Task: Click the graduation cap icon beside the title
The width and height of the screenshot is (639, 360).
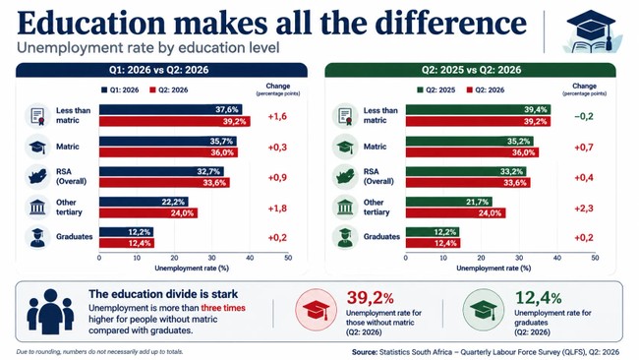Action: click(592, 31)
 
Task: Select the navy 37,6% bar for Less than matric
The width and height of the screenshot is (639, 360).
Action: click(170, 109)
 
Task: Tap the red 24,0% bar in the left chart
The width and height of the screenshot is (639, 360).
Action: click(148, 213)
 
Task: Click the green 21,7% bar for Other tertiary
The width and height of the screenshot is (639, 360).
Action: click(448, 202)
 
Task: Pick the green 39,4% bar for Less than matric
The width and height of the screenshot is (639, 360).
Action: click(478, 109)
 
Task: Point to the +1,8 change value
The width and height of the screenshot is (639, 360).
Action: click(277, 209)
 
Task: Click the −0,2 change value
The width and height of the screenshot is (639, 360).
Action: click(584, 117)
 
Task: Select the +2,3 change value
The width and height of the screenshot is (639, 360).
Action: click(584, 209)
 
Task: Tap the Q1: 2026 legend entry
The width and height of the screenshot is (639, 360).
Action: click(120, 90)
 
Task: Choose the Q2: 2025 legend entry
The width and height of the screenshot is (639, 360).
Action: click(436, 90)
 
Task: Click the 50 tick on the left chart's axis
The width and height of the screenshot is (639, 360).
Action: click(288, 258)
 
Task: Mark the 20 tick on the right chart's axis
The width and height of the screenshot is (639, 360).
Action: click(481, 258)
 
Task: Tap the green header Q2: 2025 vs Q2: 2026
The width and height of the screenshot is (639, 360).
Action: click(470, 70)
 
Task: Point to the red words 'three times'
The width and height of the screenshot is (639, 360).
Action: click(223, 308)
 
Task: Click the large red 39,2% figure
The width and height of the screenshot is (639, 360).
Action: click(370, 298)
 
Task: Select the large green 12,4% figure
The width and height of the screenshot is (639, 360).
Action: click(539, 298)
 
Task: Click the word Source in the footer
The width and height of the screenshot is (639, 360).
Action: click(364, 352)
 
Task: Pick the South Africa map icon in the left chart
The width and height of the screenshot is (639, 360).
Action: click(37, 176)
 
